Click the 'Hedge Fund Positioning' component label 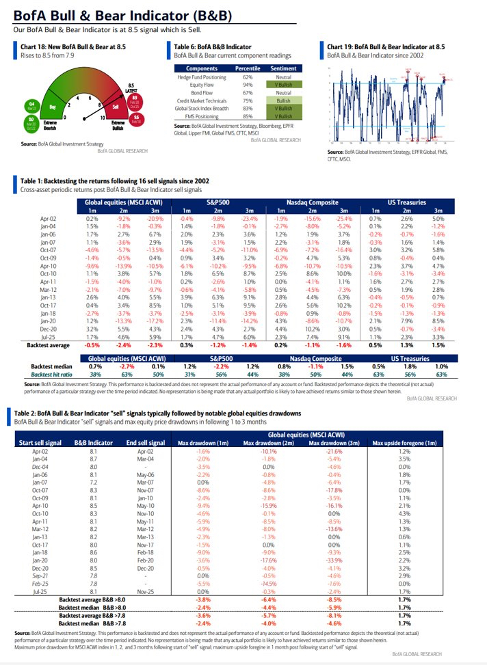(201, 76)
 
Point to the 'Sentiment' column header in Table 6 (282, 68)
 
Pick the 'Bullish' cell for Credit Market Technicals (283, 100)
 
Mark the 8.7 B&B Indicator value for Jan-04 (94, 460)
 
